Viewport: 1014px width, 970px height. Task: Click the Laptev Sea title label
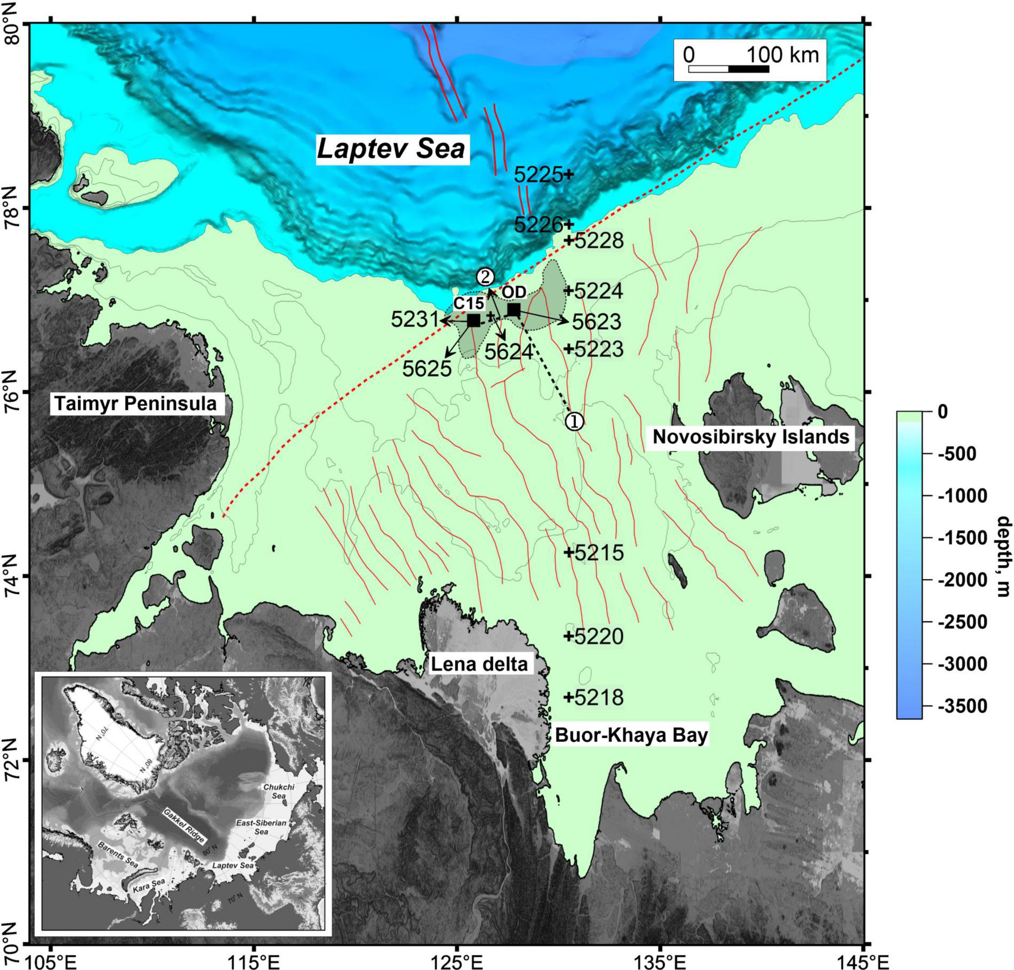tap(392, 149)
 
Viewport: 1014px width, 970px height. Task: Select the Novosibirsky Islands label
tap(751, 437)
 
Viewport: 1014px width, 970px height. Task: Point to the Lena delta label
tap(479, 664)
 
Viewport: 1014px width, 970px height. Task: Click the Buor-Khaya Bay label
tap(631, 735)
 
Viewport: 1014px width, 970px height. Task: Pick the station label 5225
tap(538, 175)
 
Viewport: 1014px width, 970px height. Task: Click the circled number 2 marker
tap(485, 277)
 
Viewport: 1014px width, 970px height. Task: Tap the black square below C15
tap(473, 320)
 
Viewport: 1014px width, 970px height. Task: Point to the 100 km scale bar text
tap(782, 54)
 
